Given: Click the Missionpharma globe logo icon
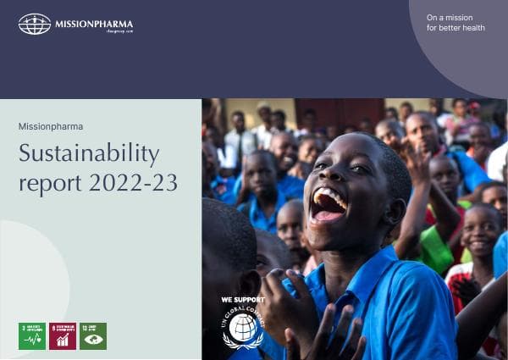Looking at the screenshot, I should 35,24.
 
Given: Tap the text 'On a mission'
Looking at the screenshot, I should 450,17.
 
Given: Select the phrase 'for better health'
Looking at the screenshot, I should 456,28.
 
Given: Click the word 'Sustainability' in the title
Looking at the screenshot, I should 89,154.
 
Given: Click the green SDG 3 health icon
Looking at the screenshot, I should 32,335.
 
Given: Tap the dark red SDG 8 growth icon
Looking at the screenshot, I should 63,335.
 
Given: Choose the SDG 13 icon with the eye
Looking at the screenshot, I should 93,335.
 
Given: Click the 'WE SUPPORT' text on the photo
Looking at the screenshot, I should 243,300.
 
